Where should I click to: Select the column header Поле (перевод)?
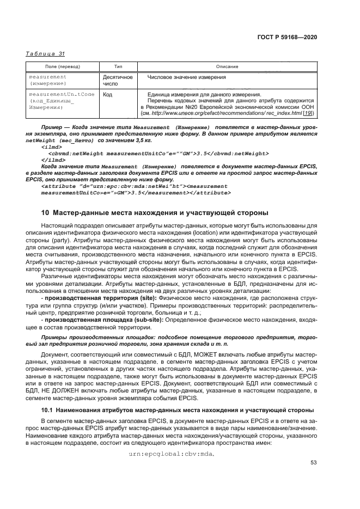[63, 66]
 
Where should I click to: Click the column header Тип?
[118, 66]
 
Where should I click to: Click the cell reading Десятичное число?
[118, 81]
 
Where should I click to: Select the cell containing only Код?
[107, 94]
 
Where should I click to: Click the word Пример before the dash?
[51, 127]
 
